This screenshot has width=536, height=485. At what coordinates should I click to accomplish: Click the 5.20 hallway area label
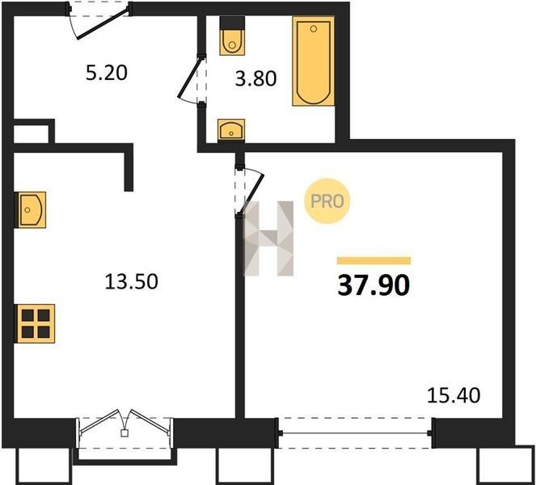(x=107, y=73)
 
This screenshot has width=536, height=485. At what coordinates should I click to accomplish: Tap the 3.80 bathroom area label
(x=255, y=78)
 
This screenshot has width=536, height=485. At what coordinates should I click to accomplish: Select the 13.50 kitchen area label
(x=131, y=281)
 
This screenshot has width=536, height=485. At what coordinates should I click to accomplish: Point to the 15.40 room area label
(x=454, y=395)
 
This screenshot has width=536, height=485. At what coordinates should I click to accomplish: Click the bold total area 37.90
(x=374, y=285)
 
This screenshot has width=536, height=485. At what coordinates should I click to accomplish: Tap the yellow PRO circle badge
(x=327, y=201)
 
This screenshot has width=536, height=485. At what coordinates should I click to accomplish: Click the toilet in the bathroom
(x=233, y=36)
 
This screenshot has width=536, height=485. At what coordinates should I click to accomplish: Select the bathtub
(x=313, y=61)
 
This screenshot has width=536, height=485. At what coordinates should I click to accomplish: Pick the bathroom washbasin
(x=231, y=130)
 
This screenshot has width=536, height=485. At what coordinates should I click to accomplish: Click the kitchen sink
(x=30, y=209)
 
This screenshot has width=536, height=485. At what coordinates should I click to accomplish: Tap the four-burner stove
(x=35, y=323)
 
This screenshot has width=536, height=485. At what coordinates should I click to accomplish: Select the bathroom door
(x=192, y=81)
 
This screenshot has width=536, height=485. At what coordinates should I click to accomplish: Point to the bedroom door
(x=250, y=191)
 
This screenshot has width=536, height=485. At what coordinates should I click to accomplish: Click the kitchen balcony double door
(x=125, y=428)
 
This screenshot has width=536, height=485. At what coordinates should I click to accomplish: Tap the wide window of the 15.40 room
(x=356, y=433)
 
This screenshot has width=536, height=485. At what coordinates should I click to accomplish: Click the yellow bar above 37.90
(x=374, y=261)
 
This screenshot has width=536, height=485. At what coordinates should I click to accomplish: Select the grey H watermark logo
(x=268, y=238)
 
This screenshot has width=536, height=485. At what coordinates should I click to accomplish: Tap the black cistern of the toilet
(x=233, y=23)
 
